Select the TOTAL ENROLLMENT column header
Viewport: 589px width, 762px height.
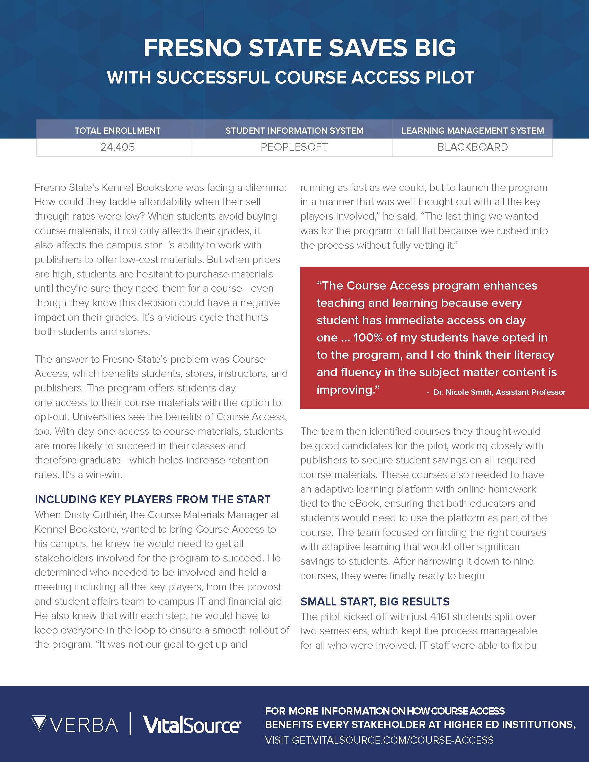pyautogui.click(x=117, y=131)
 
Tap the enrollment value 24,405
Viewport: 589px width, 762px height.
pyautogui.click(x=117, y=147)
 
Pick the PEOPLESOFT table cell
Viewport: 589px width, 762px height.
pyautogui.click(x=294, y=147)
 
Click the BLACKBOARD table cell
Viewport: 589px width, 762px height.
pyautogui.click(x=473, y=147)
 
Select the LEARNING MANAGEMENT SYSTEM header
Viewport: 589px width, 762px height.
pyautogui.click(x=473, y=131)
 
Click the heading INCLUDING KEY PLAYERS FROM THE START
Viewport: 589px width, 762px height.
pyautogui.click(x=152, y=499)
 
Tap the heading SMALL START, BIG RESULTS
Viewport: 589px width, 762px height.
pyautogui.click(x=375, y=601)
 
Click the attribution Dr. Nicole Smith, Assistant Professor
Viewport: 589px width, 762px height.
pyautogui.click(x=499, y=392)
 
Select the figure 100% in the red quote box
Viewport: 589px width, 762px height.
pyautogui.click(x=367, y=337)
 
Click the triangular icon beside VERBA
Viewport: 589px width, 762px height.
pyautogui.click(x=39, y=724)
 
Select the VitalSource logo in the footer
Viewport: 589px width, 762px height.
pyautogui.click(x=192, y=725)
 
